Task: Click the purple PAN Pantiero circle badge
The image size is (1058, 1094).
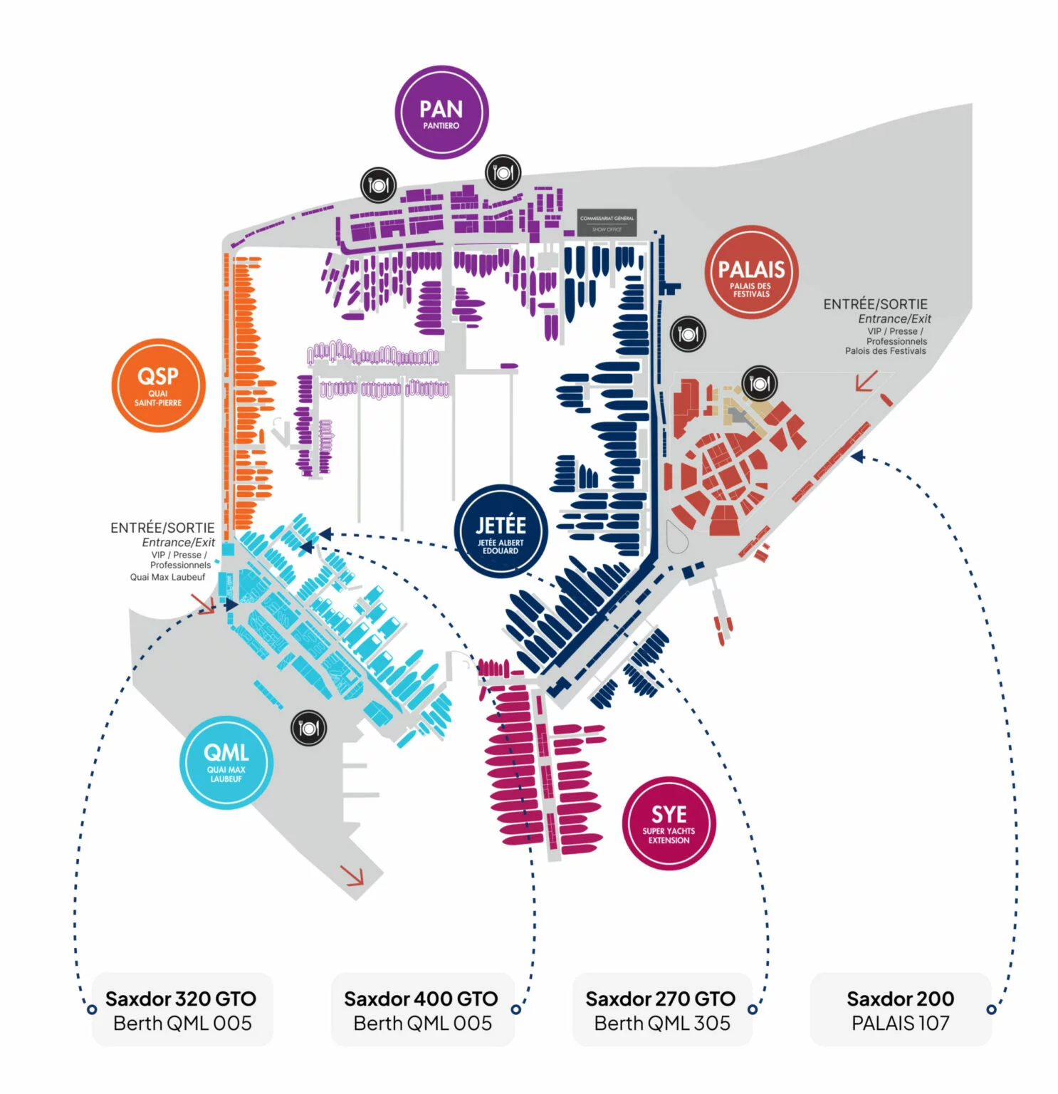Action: (441, 113)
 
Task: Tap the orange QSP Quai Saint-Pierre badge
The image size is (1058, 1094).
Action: (158, 385)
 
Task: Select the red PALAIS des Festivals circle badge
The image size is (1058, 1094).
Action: (751, 272)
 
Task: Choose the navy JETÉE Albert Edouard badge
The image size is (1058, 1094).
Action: (501, 531)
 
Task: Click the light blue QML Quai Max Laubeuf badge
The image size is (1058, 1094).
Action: (226, 761)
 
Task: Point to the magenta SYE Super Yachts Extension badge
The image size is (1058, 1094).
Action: (669, 823)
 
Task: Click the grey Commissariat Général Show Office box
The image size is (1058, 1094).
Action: (607, 223)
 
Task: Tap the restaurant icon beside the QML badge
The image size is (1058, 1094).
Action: (309, 728)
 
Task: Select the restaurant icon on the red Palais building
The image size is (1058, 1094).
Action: (760, 384)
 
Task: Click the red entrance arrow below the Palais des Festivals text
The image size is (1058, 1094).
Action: (866, 381)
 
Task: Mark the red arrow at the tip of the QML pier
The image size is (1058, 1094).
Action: (352, 875)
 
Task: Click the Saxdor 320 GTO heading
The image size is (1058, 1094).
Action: (181, 999)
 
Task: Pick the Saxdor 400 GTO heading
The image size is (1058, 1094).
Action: (421, 999)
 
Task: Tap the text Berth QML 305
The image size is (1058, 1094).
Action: (662, 1023)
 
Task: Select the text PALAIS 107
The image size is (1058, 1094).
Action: (901, 1023)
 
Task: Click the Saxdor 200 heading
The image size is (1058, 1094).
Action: (901, 999)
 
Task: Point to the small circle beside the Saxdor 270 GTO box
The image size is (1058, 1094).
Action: (753, 1009)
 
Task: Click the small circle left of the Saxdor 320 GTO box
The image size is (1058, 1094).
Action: (92, 1009)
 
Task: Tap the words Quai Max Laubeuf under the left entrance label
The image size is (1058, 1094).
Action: (167, 577)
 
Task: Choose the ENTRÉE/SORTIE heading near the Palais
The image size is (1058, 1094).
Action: (875, 304)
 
